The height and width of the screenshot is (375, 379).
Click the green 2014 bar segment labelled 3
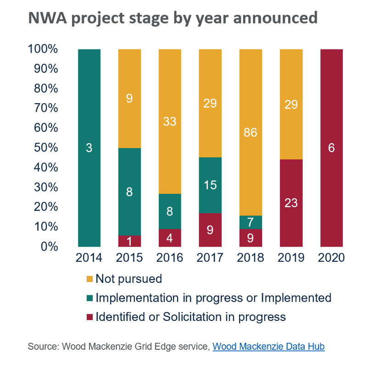pos(89,148)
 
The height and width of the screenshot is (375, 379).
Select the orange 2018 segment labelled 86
pos(251,132)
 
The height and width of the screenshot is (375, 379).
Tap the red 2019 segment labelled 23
pos(291,203)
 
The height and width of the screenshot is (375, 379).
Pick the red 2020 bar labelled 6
pos(331,148)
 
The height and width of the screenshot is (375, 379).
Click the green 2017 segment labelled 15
pos(210,185)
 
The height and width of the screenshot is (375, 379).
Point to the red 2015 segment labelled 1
pos(129,241)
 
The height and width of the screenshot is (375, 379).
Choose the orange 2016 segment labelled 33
pos(170,121)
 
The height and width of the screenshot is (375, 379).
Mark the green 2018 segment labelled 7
pos(251,222)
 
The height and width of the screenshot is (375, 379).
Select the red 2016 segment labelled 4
pos(170,238)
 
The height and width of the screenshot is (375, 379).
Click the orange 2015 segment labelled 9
pos(129,98)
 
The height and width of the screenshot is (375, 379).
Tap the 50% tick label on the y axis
pos(43,148)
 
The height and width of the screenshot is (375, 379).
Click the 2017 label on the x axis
pos(210,258)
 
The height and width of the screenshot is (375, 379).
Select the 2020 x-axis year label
pos(331,258)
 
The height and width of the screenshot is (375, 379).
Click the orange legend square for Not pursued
pos(89,279)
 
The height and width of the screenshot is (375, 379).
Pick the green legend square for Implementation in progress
pos(89,298)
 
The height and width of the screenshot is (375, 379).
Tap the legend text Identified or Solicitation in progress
pos(190,317)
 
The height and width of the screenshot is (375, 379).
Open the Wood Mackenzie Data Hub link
pos(268,347)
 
